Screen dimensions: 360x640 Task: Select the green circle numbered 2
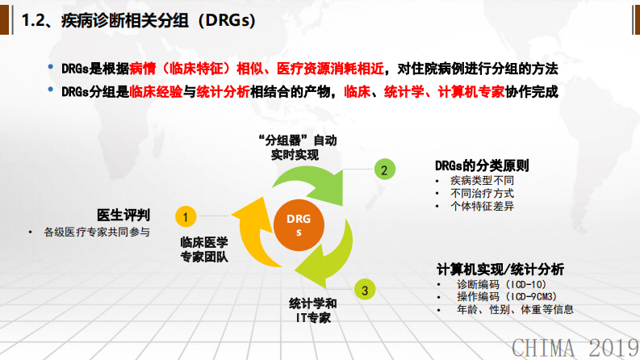[384, 170]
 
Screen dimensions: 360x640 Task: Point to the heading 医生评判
[123, 215]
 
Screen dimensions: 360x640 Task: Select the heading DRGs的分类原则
[482, 165]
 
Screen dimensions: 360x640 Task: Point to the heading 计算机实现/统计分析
[500, 269]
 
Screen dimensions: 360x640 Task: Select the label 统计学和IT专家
[313, 310]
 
